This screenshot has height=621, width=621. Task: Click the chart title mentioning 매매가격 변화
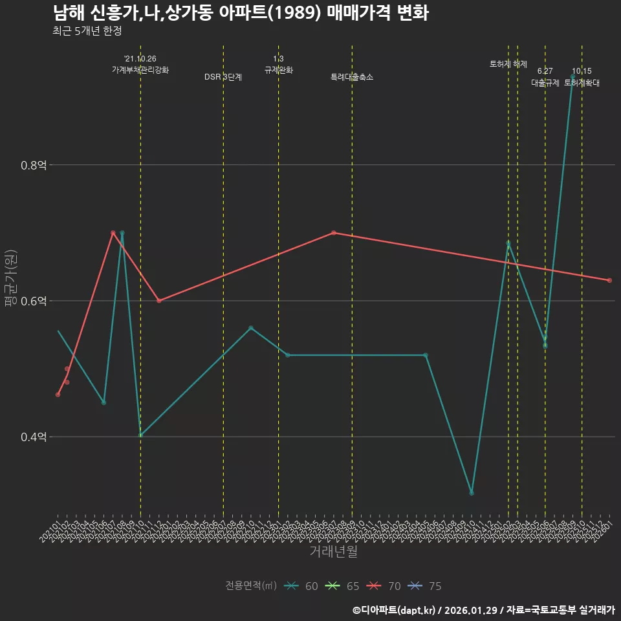(x=240, y=14)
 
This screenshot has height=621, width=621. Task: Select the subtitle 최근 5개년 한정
(x=87, y=31)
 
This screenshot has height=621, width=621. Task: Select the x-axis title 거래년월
(x=333, y=552)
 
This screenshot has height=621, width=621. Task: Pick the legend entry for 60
(x=301, y=586)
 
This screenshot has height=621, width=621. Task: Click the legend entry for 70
(x=384, y=586)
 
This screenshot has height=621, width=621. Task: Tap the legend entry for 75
(x=426, y=586)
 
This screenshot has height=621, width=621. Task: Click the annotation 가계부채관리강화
(x=140, y=70)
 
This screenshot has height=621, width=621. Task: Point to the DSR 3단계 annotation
(x=223, y=77)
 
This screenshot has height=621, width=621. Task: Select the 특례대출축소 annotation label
(x=352, y=77)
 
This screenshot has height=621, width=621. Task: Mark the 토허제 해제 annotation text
(x=508, y=64)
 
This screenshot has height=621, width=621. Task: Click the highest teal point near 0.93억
(x=572, y=77)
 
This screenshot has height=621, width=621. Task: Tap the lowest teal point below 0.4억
(x=472, y=493)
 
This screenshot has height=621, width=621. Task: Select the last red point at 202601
(x=609, y=280)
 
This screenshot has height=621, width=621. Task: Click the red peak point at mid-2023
(x=333, y=233)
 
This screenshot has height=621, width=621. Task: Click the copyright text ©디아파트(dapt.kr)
(x=395, y=610)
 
